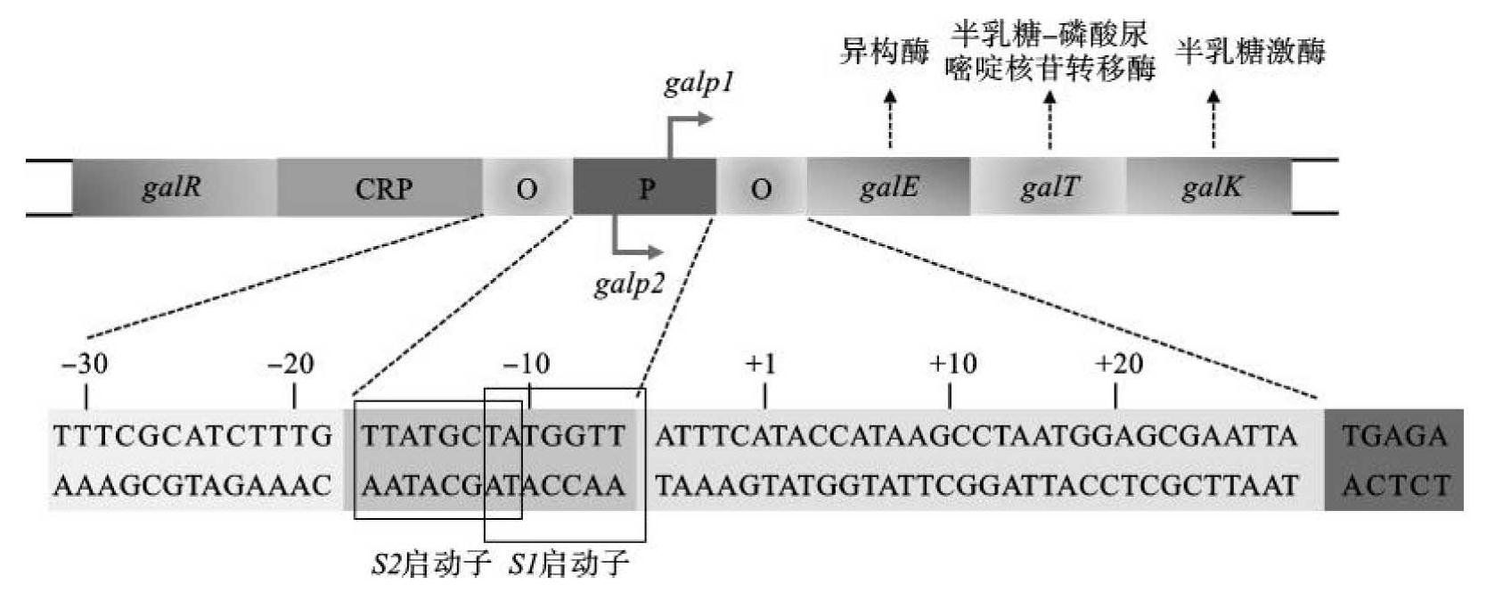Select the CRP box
pos(383,188)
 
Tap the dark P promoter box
pos(645,188)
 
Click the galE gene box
pos(888,188)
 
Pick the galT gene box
pos(1049,188)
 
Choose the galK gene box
pos(1210,188)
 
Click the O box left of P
pos(527,188)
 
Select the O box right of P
pos(761,188)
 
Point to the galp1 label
pos(698,84)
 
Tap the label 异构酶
pos(884,52)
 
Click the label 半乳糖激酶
pos(1250,52)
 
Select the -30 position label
pos(86,364)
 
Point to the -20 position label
pos(291,364)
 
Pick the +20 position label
pos(1118,364)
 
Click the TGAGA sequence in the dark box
pos(1393,437)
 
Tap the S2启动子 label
pos(431,564)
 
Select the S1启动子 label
pos(569,564)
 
